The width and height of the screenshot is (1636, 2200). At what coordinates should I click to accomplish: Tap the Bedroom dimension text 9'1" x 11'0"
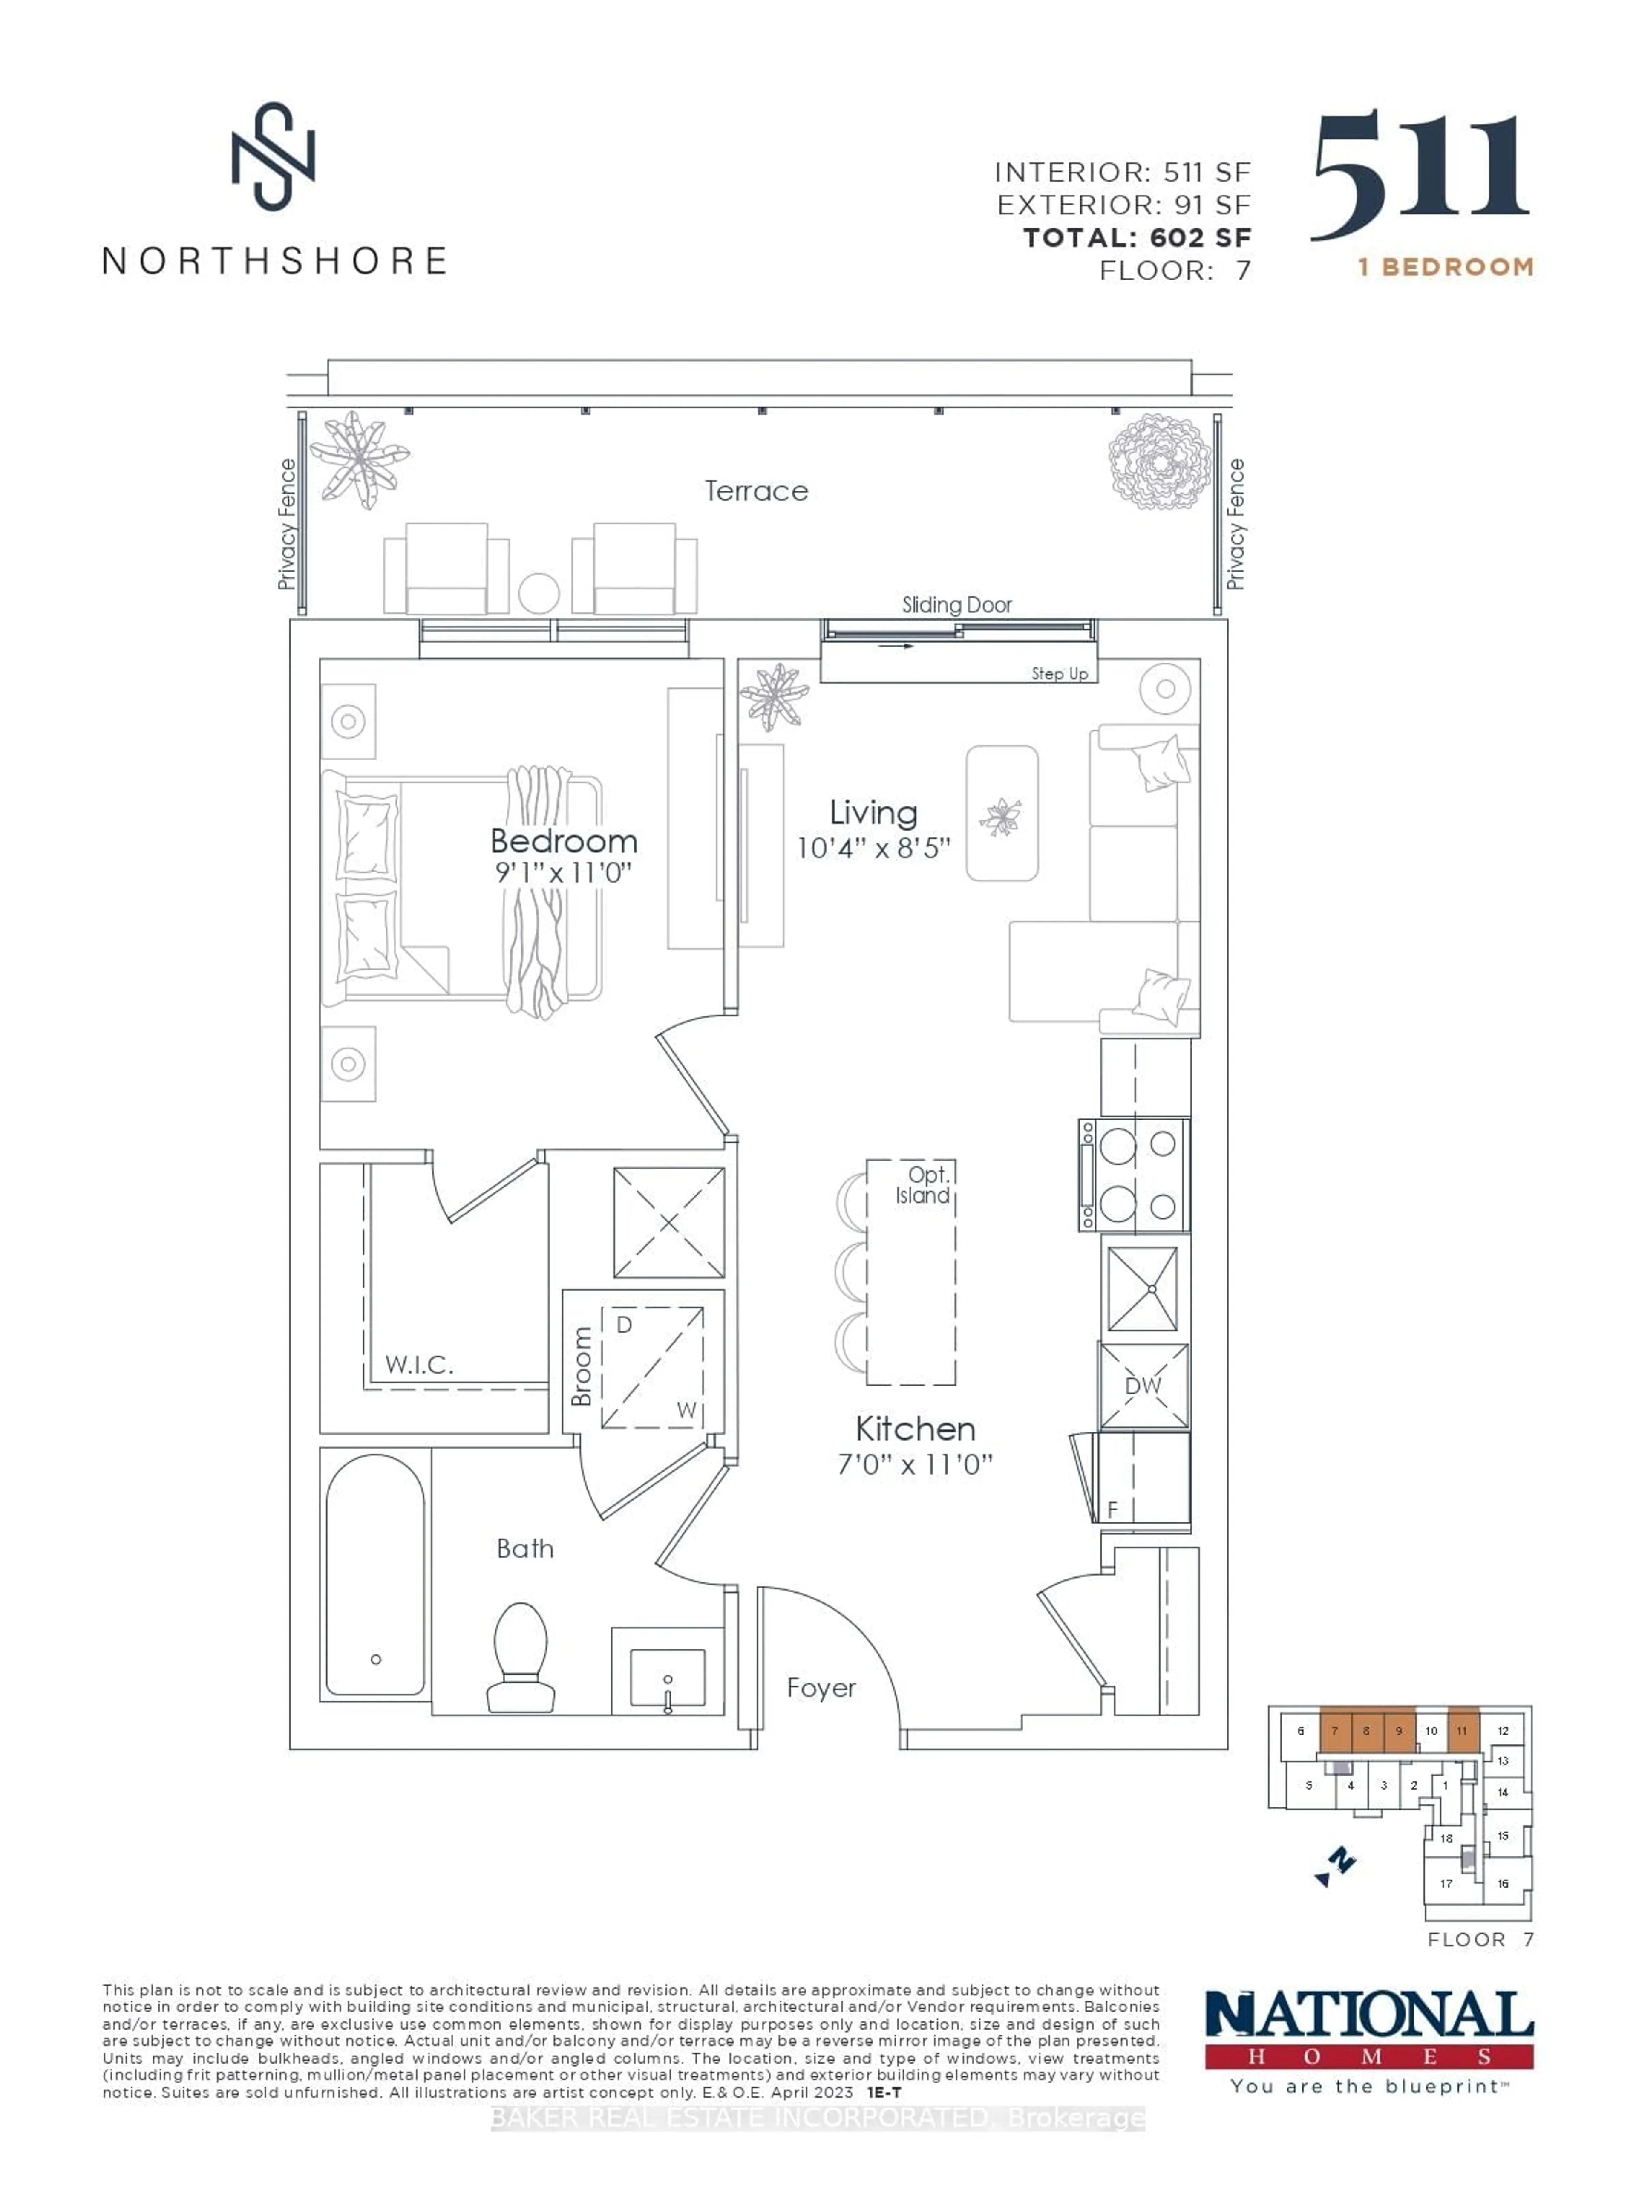[x=564, y=873]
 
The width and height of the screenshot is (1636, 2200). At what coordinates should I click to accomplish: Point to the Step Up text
[x=1059, y=673]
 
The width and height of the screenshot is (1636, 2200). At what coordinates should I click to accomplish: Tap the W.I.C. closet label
[x=419, y=1365]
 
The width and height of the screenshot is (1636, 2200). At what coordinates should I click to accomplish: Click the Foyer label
[x=821, y=1688]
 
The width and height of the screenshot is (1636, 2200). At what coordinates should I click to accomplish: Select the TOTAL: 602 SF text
[x=1137, y=238]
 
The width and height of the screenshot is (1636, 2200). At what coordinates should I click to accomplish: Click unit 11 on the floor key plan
[x=1463, y=1758]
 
